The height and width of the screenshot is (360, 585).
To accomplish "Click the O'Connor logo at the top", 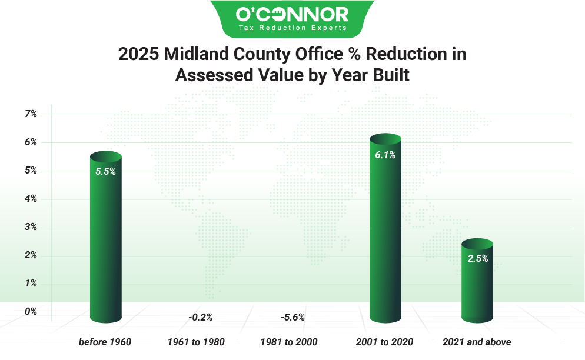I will coord(292,18).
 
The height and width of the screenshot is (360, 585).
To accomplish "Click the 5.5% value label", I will coord(105,172).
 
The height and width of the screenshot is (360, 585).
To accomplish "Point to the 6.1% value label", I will coord(385,155).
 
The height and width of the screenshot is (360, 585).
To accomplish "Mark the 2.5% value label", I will coord(477,258).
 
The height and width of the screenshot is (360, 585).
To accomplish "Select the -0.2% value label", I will coord(200,317).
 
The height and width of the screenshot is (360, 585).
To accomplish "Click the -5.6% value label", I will coord(292,317).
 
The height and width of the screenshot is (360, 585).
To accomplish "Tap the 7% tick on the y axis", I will coord(31,114).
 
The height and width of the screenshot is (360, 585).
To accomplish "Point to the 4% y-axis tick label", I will coord(31,199).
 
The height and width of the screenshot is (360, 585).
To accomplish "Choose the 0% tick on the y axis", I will coord(31,311).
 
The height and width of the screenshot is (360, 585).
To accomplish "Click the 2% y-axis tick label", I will coord(31,255).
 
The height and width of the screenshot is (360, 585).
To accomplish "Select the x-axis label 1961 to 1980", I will coord(196,342).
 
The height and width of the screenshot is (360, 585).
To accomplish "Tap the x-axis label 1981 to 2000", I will coord(289,342).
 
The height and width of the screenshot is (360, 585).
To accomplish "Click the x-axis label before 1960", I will coord(105,342).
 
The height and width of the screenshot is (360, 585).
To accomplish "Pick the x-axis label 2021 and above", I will coord(477,342).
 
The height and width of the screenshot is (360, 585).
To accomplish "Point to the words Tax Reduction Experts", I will coord(292,28).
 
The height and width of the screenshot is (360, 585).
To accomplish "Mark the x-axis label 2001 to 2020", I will coord(385,342).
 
